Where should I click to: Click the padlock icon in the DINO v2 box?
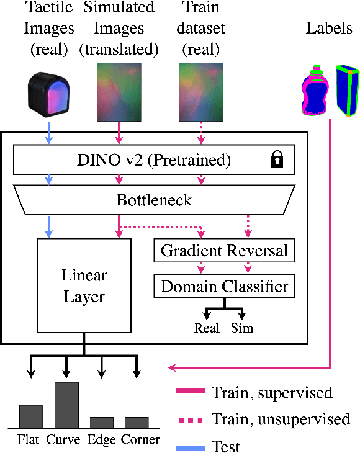[x=277, y=161]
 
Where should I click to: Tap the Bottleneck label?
[x=155, y=200]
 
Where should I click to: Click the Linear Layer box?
[x=84, y=286]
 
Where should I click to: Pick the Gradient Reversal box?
[x=223, y=251]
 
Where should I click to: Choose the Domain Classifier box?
[x=223, y=286]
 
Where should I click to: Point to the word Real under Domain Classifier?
[x=207, y=328]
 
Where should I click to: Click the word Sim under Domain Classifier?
[x=242, y=328]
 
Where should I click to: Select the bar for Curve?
[x=67, y=405]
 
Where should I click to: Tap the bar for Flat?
[x=31, y=416]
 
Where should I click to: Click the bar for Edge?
[x=102, y=422]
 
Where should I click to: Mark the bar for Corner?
[x=137, y=422]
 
